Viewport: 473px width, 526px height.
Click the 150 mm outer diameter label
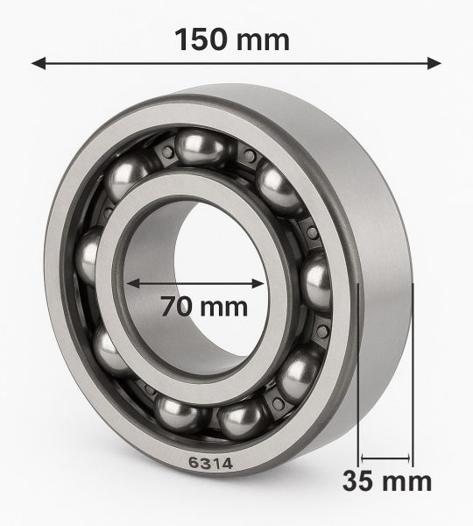pos(232,39)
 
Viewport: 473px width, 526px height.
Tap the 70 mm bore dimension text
pos(204,306)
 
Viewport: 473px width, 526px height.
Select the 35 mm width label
pos(387,480)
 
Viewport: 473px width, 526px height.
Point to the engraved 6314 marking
pos(210,463)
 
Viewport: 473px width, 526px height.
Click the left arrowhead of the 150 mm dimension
pos(39,63)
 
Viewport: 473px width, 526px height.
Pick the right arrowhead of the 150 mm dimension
pos(434,63)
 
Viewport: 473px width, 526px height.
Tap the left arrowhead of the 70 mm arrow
pos(133,283)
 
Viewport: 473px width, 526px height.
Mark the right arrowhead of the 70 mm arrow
pos(258,283)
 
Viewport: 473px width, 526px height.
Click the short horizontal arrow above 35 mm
pos(385,458)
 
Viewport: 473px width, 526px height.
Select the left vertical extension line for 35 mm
pos(358,375)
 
